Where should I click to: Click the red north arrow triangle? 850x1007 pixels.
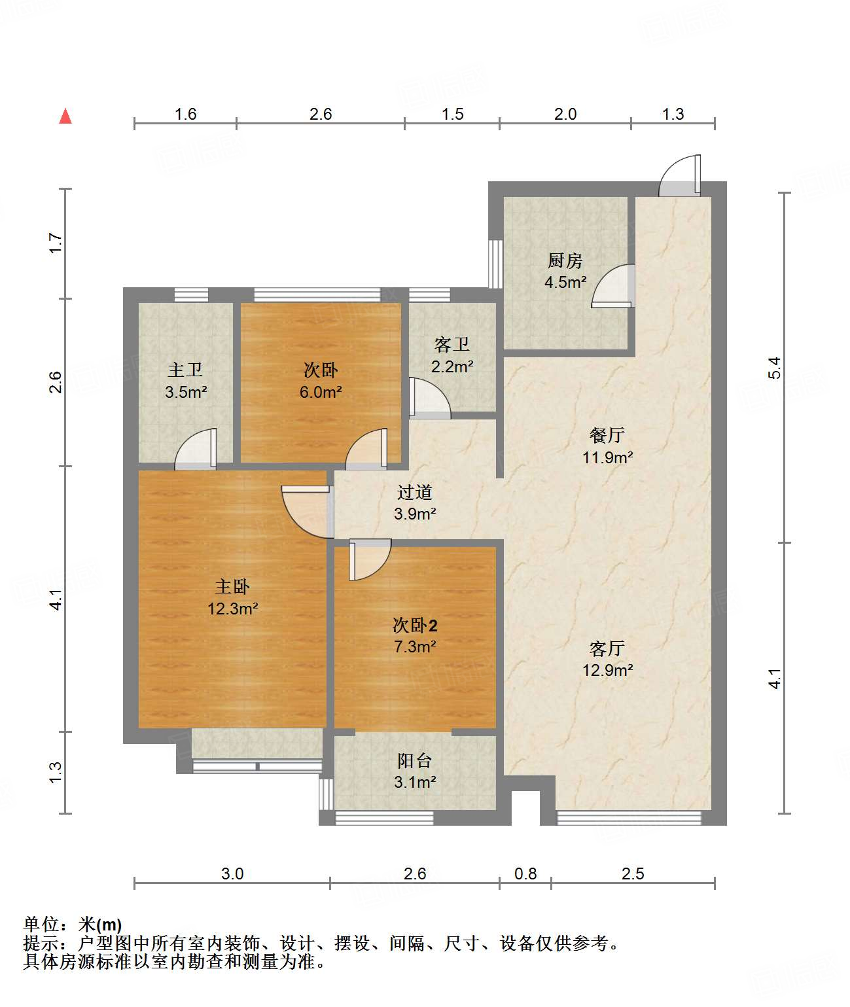point(65,116)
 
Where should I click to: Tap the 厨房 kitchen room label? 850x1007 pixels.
point(565,261)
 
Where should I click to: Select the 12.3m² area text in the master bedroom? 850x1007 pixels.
point(232,609)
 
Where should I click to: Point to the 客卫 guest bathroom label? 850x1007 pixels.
point(452,344)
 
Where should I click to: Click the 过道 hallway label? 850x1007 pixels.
point(414,493)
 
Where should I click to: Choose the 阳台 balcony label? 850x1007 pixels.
point(414,761)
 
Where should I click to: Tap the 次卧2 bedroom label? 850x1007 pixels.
point(414,626)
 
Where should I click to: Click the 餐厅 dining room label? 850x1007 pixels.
point(607,436)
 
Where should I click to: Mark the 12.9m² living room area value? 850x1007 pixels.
point(607,671)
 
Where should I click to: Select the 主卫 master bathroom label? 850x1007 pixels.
point(185,370)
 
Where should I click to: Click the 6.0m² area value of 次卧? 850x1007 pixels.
point(321,392)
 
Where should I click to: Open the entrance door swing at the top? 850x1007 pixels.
point(680,175)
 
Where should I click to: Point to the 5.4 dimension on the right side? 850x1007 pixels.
point(774,368)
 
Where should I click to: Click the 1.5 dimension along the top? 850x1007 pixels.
point(453,115)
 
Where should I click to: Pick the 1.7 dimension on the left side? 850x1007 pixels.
point(56,243)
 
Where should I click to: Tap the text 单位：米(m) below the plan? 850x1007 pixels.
point(73,924)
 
